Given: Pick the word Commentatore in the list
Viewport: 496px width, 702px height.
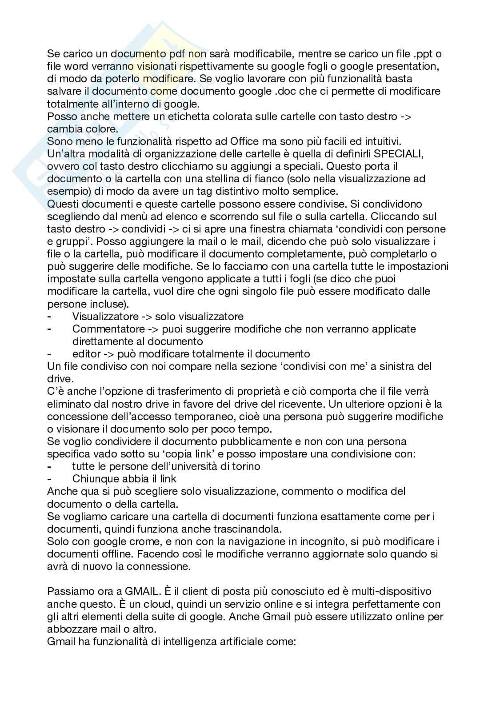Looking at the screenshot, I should click(x=108, y=329).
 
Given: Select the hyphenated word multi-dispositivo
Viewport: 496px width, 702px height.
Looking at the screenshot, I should click(x=392, y=592).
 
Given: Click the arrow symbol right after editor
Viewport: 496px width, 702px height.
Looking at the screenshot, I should click(x=108, y=354).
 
